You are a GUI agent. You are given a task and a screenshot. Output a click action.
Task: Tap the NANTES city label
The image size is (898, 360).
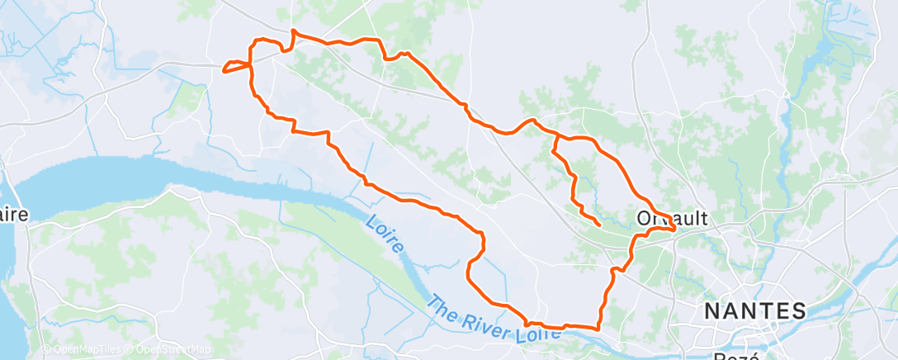point(754,312)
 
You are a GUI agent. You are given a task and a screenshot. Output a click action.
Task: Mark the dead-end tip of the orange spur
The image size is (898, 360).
point(598,224)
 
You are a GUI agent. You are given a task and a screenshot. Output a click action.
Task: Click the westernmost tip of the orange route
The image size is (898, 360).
point(223,70)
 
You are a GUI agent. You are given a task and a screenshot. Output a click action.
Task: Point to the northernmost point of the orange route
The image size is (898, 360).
point(294,32)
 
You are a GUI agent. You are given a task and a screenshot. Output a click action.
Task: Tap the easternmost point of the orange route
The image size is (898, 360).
point(676,230)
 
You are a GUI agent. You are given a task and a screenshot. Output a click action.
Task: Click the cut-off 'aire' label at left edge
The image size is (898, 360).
point(14,215)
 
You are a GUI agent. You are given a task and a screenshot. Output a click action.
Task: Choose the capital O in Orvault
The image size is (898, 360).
point(645,219)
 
